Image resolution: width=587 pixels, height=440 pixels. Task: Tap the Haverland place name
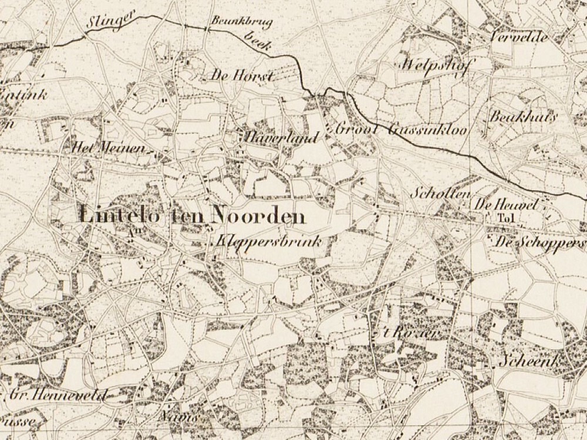(279, 138)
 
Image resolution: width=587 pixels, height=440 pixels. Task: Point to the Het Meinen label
(107, 148)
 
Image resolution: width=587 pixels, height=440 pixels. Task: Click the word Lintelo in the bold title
(121, 216)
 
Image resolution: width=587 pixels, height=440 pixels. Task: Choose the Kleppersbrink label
(269, 241)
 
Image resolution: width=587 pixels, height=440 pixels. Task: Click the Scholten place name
(433, 194)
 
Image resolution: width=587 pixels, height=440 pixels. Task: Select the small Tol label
(501, 218)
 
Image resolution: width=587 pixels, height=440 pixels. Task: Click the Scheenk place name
(529, 361)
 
